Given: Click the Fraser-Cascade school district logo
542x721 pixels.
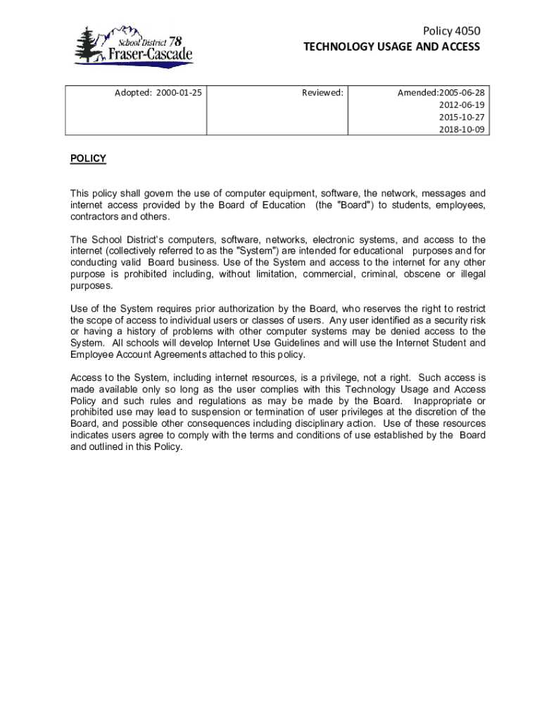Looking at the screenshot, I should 134,46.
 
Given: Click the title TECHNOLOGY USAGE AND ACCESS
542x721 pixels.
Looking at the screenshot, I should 391,46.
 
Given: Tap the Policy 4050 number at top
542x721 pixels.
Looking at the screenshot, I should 451,31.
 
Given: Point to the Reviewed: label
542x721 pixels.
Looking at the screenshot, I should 322,92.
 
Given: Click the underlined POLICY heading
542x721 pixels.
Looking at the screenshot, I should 88,158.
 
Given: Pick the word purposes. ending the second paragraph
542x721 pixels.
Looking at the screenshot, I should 91,285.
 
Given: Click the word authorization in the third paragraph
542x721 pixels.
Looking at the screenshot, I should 234,308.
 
